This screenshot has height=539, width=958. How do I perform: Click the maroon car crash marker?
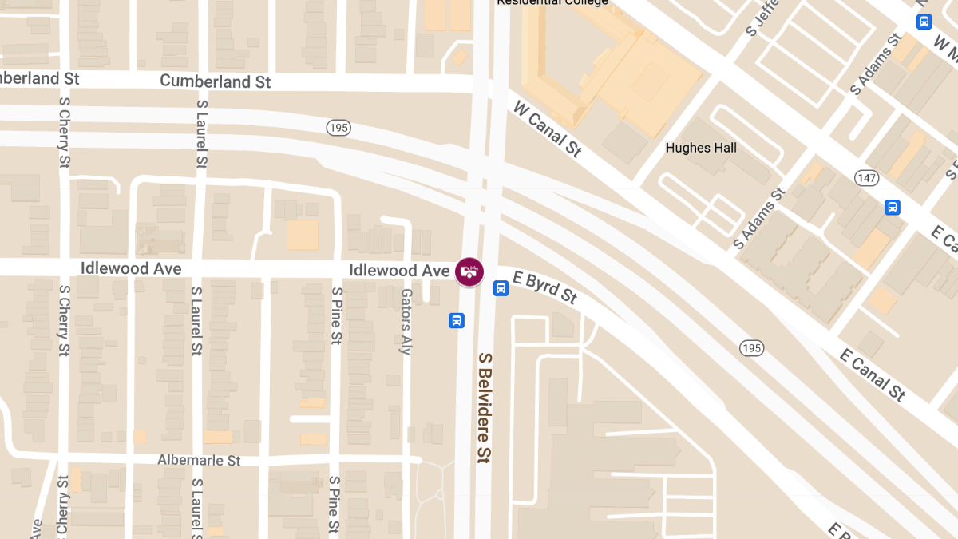click(x=469, y=271)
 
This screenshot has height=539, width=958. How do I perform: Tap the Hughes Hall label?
click(x=701, y=148)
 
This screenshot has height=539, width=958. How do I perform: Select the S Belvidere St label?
click(x=485, y=407)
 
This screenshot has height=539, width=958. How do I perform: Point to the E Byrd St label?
click(x=545, y=287)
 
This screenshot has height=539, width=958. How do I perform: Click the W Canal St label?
click(x=547, y=129)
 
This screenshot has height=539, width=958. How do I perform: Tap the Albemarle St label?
click(x=199, y=460)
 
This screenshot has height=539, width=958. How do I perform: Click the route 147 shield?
click(x=866, y=177)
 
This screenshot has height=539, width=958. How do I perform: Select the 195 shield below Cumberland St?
click(x=338, y=128)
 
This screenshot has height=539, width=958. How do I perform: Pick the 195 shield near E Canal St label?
click(x=751, y=348)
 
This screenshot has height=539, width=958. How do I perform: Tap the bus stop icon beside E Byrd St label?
click(x=501, y=288)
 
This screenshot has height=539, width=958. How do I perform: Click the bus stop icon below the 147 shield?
click(x=893, y=208)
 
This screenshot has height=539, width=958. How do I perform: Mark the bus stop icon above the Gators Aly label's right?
click(x=457, y=321)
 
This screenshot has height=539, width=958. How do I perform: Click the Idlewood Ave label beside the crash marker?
click(x=399, y=271)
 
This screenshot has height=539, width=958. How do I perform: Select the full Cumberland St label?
click(x=216, y=81)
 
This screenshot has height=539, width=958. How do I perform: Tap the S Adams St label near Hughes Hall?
click(x=760, y=219)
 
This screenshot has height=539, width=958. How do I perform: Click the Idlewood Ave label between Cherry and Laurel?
click(x=131, y=268)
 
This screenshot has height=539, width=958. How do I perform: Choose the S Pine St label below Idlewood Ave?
click(x=336, y=316)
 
